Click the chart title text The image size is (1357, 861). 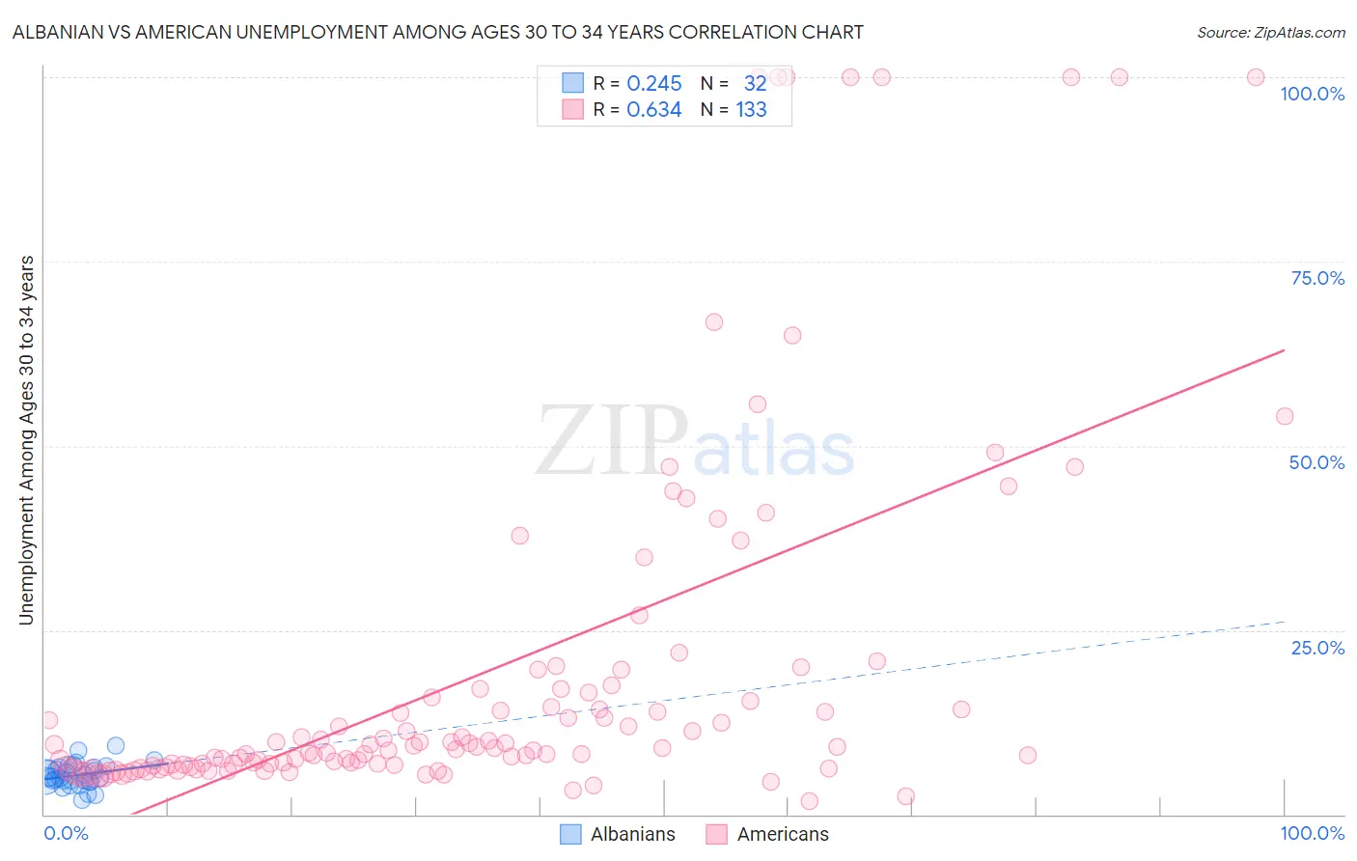[x=437, y=32]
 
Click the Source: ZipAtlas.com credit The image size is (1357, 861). [x=1270, y=32]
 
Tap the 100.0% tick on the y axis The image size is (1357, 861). [x=1312, y=94]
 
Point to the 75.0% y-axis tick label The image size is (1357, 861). [x=1317, y=278]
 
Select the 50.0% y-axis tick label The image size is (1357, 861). [x=1316, y=462]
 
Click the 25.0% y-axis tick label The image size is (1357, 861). [x=1317, y=648]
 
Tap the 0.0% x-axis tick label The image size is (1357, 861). [x=66, y=833]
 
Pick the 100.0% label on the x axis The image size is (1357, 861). [x=1312, y=833]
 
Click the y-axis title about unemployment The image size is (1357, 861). [x=26, y=440]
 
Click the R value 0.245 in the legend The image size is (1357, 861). [x=653, y=84]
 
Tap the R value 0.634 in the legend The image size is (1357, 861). [x=653, y=110]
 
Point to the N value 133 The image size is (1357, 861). [x=751, y=110]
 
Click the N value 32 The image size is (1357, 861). [x=755, y=84]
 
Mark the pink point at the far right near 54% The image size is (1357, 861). [x=1284, y=416]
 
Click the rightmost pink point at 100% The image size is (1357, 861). [x=1255, y=77]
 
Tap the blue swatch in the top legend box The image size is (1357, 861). [x=572, y=83]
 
